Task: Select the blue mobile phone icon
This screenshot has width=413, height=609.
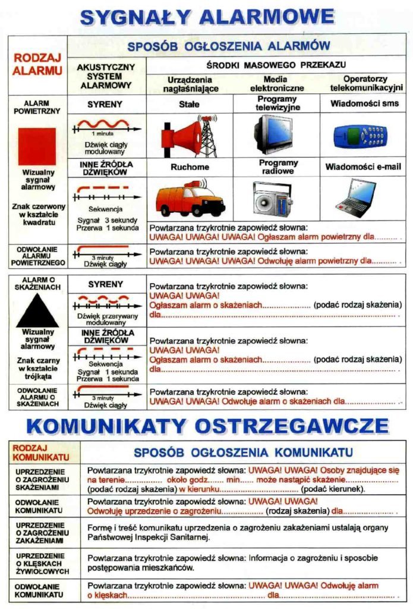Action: (x=362, y=136)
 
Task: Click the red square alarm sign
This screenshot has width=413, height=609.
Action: (x=37, y=146)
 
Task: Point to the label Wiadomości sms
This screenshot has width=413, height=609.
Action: (x=361, y=103)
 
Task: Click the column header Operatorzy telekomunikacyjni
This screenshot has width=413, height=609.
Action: (x=366, y=83)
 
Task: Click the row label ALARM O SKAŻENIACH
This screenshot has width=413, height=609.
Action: (x=37, y=283)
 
